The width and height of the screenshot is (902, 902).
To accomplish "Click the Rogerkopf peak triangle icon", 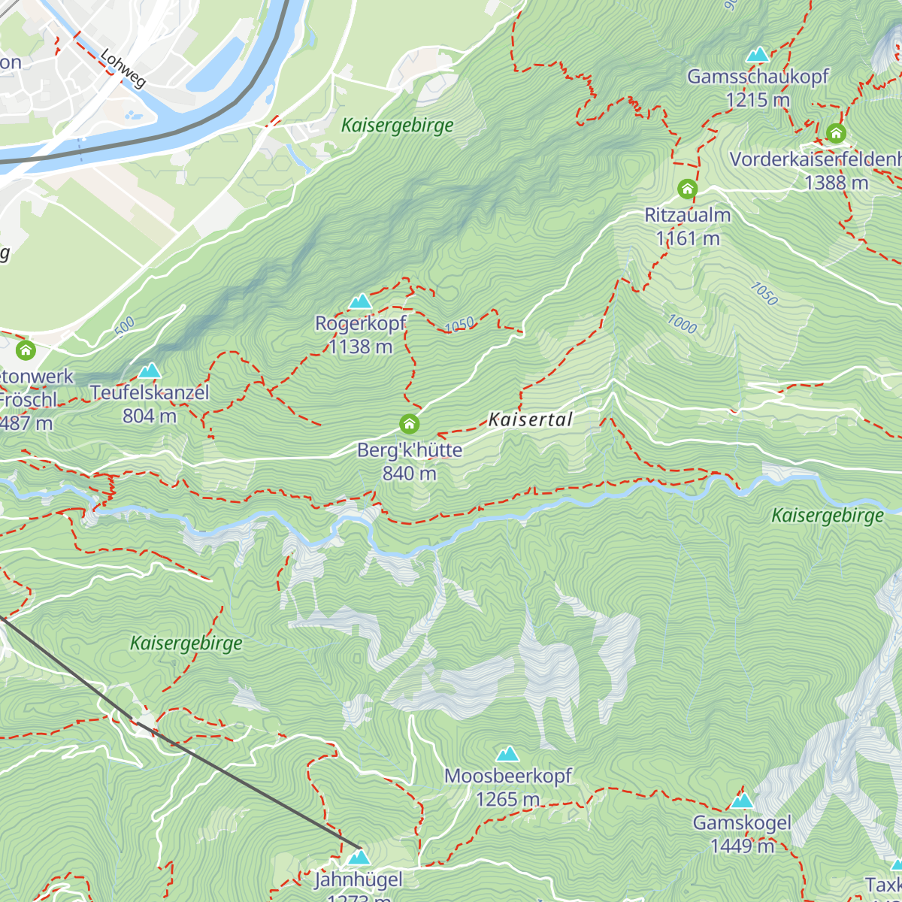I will [361, 302].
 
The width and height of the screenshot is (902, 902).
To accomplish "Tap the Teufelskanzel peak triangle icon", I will [150, 371].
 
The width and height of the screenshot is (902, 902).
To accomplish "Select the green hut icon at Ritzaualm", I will [688, 189].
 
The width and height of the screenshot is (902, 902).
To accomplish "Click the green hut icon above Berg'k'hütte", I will [409, 425].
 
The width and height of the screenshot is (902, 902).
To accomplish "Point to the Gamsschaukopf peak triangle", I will [758, 55].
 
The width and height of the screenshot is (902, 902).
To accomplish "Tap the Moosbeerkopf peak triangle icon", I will [508, 754].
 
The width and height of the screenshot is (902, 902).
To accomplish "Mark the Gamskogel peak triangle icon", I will [742, 801].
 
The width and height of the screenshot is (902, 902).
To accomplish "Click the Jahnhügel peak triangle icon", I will [359, 858].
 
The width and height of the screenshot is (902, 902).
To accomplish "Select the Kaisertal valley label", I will [531, 419].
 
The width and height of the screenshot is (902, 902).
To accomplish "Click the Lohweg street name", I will [123, 68].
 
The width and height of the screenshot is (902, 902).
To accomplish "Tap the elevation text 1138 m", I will [361, 347].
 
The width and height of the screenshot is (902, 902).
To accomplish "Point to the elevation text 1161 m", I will [688, 239].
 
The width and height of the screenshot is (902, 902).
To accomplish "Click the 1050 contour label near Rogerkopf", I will [459, 325].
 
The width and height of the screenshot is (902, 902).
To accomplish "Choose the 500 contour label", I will [125, 325].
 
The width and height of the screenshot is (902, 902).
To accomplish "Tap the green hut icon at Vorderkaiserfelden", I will [836, 134].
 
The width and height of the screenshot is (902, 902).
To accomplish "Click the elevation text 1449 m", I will [742, 846].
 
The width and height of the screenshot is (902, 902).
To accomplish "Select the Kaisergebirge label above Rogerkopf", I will [398, 126].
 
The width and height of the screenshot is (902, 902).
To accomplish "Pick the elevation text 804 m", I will [150, 416].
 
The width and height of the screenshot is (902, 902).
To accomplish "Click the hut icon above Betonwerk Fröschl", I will [26, 350].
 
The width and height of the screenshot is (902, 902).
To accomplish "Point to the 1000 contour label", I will [682, 324].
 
